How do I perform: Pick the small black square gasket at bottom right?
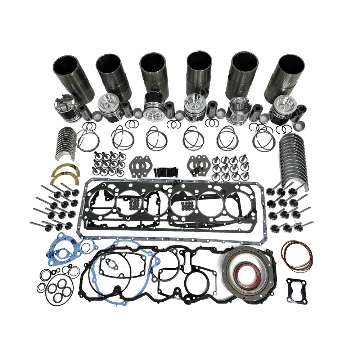coord(297,286)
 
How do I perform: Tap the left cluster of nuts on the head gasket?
coord(135,204)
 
